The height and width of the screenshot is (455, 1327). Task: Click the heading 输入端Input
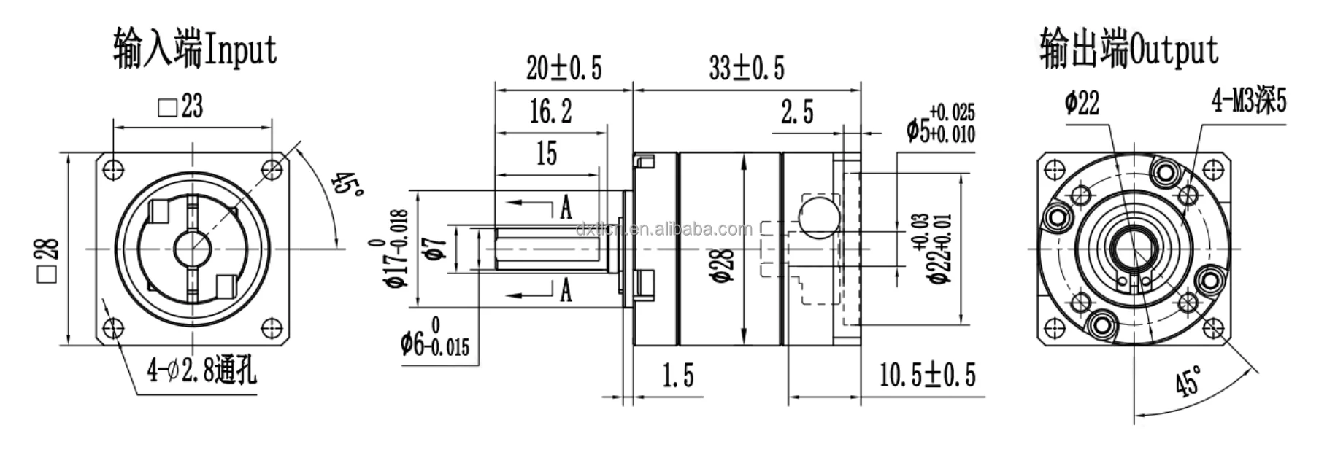click(195, 50)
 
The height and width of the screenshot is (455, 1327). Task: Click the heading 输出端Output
click(1128, 50)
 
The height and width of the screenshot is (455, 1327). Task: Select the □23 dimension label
click(180, 107)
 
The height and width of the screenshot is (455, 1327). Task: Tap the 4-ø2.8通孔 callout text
click(201, 372)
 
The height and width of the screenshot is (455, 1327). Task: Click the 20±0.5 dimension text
click(564, 69)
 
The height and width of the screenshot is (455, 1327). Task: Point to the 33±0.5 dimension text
click(746, 69)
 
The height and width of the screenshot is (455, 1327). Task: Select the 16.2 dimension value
click(550, 112)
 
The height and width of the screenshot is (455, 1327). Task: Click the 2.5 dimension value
click(796, 112)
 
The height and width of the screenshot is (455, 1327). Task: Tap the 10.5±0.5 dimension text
click(927, 375)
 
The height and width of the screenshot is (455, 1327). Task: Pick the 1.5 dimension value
click(677, 376)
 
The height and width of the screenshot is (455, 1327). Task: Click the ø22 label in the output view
click(1081, 104)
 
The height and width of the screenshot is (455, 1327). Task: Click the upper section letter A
click(566, 209)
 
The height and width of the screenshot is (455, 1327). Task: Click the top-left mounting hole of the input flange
click(112, 170)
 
